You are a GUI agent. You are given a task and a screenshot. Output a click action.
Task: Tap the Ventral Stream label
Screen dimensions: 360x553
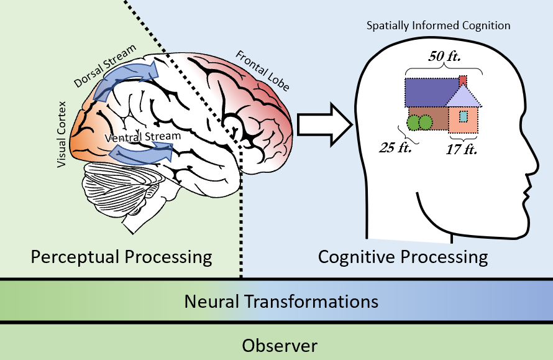[143, 136]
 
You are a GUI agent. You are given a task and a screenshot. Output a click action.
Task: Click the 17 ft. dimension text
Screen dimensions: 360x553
[461, 150]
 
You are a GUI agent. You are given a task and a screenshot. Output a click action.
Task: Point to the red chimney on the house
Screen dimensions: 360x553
[463, 81]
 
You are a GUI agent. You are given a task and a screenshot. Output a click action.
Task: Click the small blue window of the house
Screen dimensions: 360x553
[463, 116]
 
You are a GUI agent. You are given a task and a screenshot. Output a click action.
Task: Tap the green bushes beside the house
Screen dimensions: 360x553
[419, 122]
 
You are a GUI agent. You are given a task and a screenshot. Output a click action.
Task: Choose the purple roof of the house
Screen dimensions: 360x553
[430, 92]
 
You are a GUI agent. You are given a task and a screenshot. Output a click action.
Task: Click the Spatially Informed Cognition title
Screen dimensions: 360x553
[437, 25]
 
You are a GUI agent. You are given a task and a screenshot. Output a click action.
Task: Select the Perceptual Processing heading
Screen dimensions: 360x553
[121, 256]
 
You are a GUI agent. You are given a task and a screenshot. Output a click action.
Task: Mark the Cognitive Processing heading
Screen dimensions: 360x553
[403, 256]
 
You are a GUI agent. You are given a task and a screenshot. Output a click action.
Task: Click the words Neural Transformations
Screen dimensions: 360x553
[281, 302]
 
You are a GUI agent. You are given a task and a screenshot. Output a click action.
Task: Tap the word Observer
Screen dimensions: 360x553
[280, 345]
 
